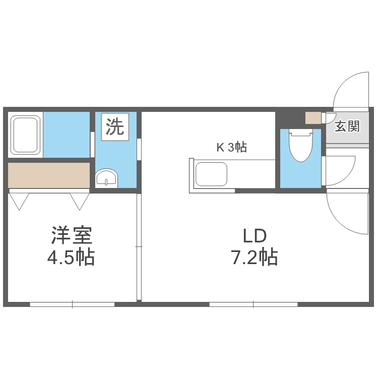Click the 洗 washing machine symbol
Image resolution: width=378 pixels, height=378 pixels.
click(114, 127)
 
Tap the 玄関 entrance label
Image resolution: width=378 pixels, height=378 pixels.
click(347, 126)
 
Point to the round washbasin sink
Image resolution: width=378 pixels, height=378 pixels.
click(106, 178)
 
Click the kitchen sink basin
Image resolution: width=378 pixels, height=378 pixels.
click(211, 174)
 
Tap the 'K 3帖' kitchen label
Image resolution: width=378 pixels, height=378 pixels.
click(231, 148)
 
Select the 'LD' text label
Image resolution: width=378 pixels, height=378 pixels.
click(254, 236)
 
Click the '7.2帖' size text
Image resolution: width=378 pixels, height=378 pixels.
click(254, 258)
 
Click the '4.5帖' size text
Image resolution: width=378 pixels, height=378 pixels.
click(71, 258)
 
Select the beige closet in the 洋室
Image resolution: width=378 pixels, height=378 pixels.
click(49, 175)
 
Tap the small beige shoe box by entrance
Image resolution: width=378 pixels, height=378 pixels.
click(313, 117)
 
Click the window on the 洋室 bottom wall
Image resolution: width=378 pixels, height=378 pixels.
click(72, 304)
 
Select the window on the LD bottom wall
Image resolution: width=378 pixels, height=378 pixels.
click(253, 304)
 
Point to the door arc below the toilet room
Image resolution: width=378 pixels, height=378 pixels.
click(348, 212)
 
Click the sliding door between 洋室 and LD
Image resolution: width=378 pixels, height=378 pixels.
click(139, 247)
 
